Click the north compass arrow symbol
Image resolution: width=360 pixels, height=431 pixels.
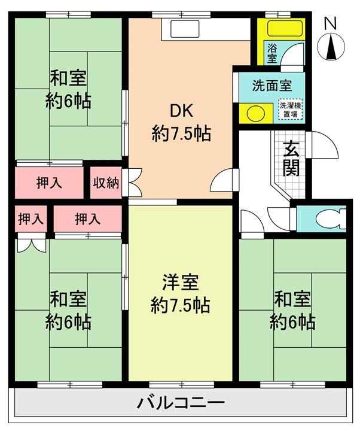pos(331,47)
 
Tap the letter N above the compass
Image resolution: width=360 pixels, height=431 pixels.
pos(330,23)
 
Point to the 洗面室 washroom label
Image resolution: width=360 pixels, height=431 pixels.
pos(272,86)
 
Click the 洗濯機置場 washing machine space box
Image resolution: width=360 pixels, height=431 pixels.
pos(291,110)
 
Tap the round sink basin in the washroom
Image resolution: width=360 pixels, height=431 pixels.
pos(256,113)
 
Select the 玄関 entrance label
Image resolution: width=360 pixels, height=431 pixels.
pos(291,158)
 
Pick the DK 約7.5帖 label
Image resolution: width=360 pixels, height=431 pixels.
pos(181,122)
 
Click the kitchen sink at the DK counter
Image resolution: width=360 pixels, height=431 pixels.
pos(185,28)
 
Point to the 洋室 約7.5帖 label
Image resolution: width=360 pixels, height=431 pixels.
pos(181,293)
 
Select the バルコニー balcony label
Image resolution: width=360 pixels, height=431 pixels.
pos(181,403)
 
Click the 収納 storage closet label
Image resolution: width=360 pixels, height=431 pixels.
pos(106,183)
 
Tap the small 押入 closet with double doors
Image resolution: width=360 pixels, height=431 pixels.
pos(30,219)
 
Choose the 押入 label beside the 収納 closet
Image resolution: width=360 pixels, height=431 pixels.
pos(50,183)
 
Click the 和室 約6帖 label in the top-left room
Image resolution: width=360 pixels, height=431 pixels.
pos(68,90)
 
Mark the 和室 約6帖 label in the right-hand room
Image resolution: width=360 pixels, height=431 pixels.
pos(292,310)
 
